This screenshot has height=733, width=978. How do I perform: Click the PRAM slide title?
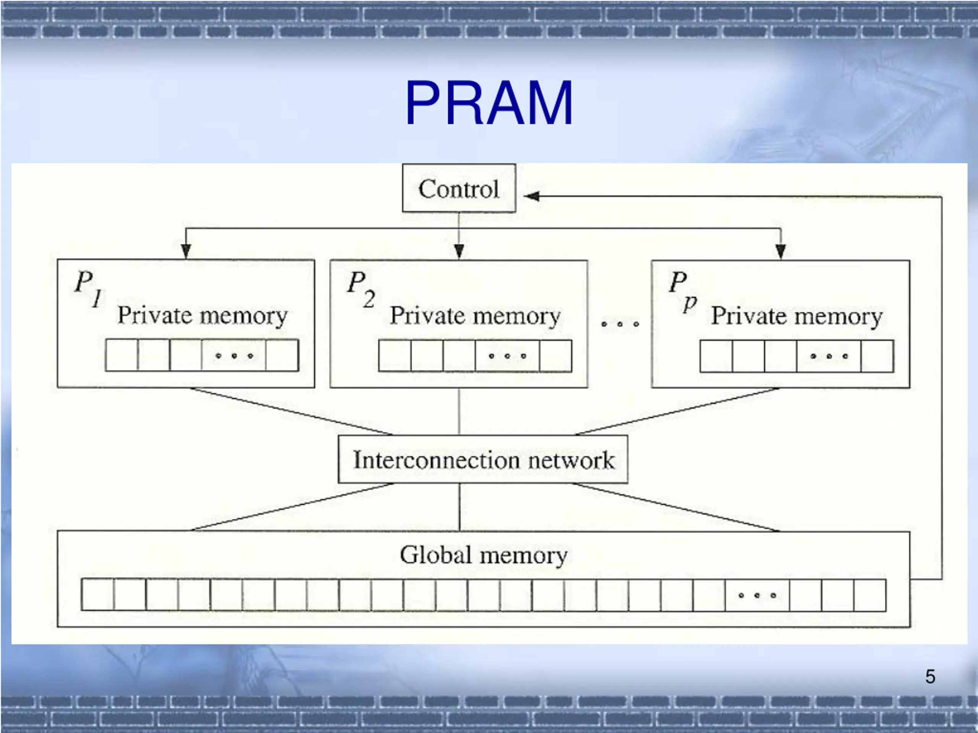(x=489, y=103)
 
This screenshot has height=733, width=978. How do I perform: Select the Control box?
(x=459, y=188)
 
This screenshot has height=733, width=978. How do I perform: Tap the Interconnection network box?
(x=483, y=460)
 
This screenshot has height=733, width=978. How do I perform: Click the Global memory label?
(x=483, y=555)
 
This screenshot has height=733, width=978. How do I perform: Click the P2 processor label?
(x=361, y=288)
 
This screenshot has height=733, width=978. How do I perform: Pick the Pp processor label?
(x=683, y=290)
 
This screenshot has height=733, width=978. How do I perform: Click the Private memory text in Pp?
(x=797, y=317)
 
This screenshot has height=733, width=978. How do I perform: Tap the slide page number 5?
(x=930, y=676)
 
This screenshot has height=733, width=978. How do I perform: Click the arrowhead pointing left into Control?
(x=531, y=196)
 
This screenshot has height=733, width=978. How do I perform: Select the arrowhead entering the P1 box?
(x=186, y=251)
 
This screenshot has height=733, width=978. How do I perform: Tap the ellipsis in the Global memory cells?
(x=757, y=595)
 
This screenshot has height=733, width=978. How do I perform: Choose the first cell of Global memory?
(x=97, y=595)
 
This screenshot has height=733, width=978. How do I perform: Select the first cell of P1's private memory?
(x=121, y=355)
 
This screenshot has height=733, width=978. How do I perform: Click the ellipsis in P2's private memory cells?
(x=507, y=356)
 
